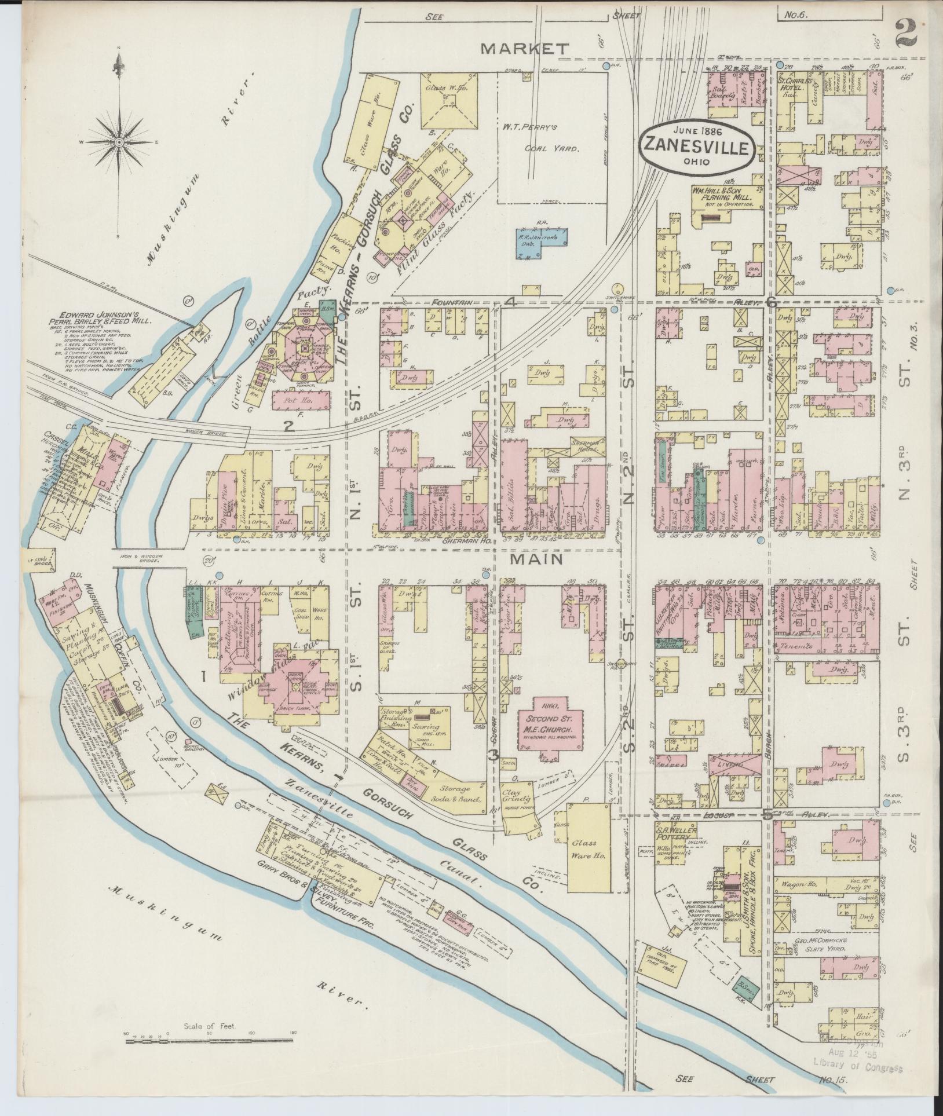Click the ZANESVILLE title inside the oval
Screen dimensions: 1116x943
(697, 146)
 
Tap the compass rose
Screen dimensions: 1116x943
(118, 141)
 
